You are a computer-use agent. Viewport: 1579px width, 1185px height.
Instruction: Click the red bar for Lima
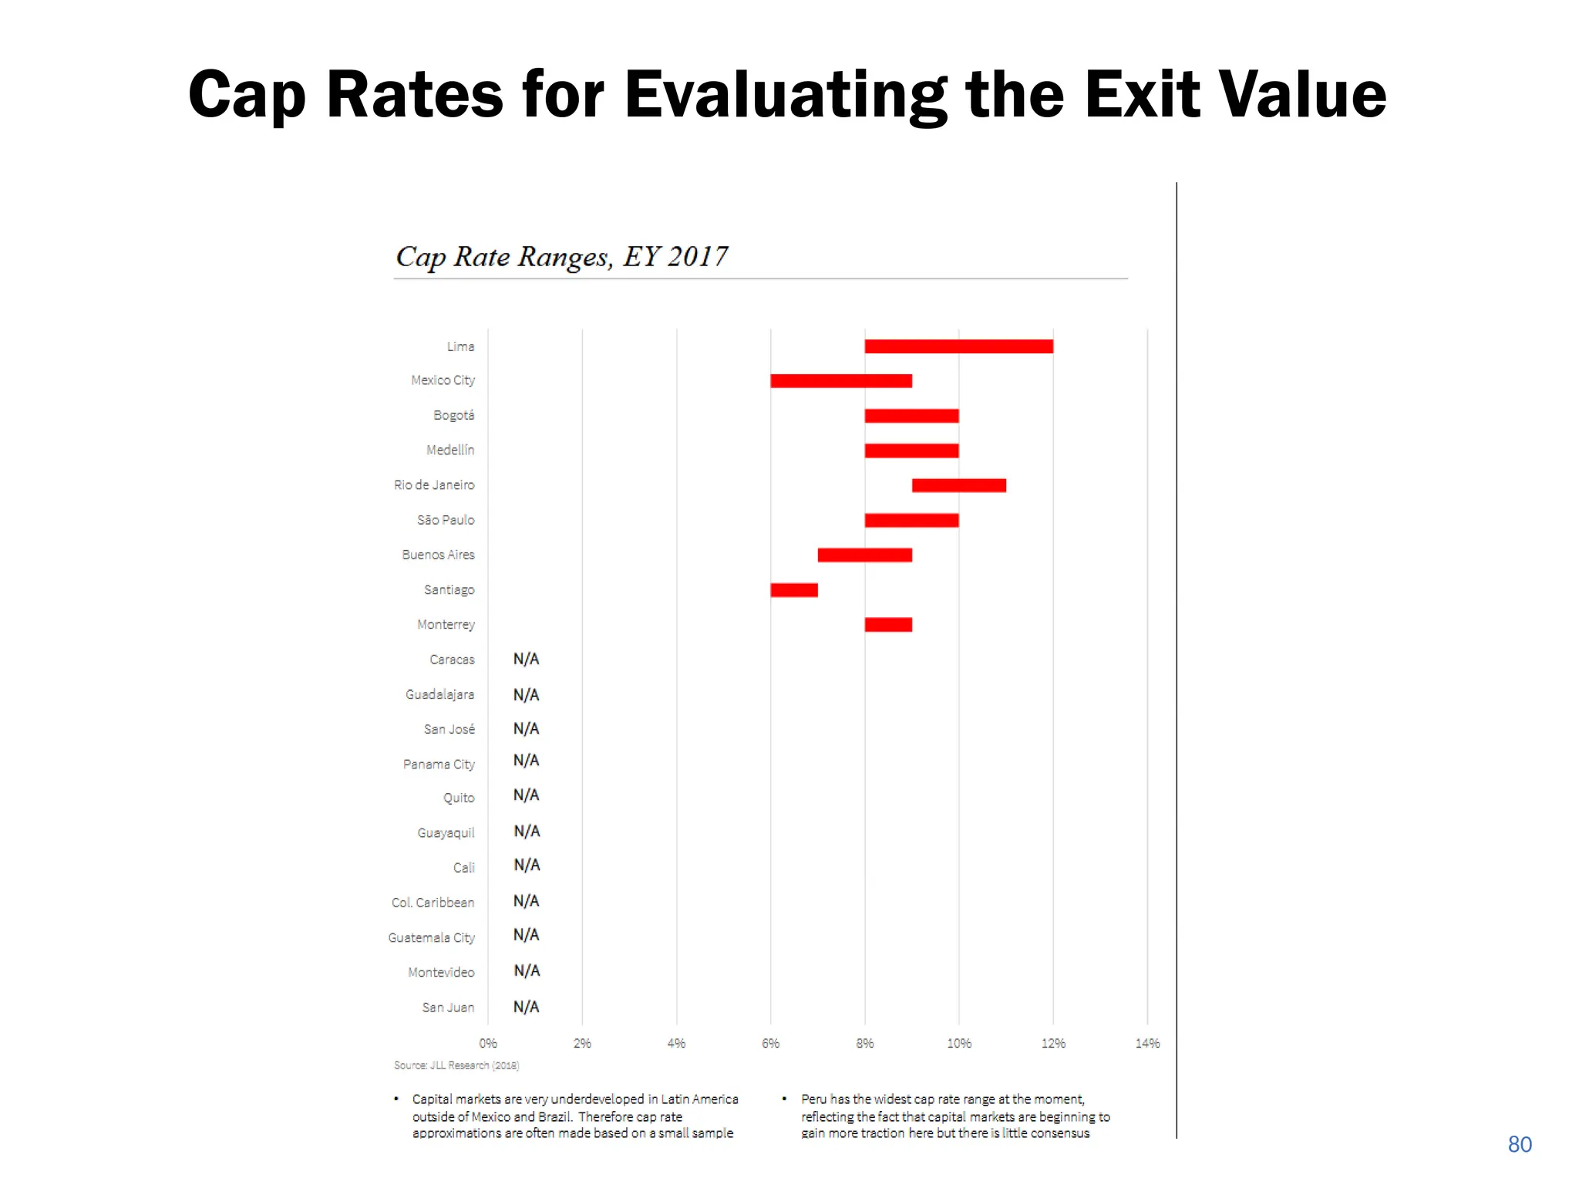(958, 346)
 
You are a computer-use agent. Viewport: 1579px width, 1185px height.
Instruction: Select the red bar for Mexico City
(841, 381)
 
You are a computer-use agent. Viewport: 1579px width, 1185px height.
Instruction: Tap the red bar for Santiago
(794, 590)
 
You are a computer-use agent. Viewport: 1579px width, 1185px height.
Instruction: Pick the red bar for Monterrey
(888, 625)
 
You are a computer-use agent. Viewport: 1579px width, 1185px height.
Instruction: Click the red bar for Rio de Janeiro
(958, 485)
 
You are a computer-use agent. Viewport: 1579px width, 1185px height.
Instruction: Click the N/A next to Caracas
(526, 660)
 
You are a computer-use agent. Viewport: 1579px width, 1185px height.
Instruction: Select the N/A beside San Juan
(526, 1007)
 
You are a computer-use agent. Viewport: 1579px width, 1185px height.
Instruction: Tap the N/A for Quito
(526, 795)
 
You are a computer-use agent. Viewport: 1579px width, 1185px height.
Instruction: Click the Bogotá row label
(453, 416)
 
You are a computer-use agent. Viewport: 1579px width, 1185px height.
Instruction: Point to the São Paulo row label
(446, 521)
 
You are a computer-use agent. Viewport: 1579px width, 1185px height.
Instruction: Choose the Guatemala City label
(431, 938)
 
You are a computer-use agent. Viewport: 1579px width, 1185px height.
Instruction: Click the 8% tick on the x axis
(864, 1044)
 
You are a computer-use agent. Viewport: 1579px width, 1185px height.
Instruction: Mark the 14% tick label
(1146, 1044)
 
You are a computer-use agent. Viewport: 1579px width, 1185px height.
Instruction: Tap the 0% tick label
(488, 1044)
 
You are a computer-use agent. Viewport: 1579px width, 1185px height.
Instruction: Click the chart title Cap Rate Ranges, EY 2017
(561, 257)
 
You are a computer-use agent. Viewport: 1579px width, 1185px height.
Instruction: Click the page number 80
(1519, 1145)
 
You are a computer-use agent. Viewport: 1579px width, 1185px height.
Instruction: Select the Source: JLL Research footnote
(456, 1065)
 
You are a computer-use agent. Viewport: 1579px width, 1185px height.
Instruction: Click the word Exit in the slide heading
(1143, 95)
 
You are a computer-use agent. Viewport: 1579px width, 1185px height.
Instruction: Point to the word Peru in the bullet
(813, 1099)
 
